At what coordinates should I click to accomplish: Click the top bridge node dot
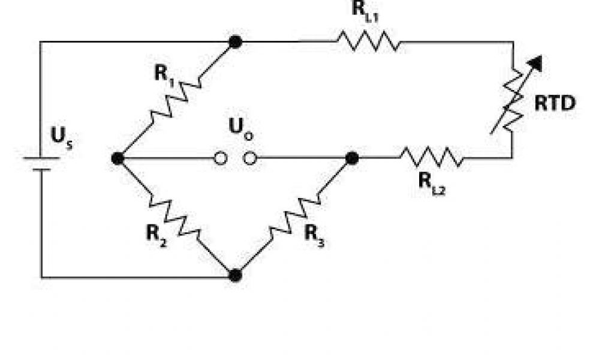pos(236,41)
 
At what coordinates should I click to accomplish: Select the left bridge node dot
pos(118,158)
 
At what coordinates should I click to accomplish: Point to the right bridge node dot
pos(353,158)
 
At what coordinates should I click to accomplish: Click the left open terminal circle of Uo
pos(221,158)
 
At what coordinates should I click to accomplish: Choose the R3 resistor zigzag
pos(294,217)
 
